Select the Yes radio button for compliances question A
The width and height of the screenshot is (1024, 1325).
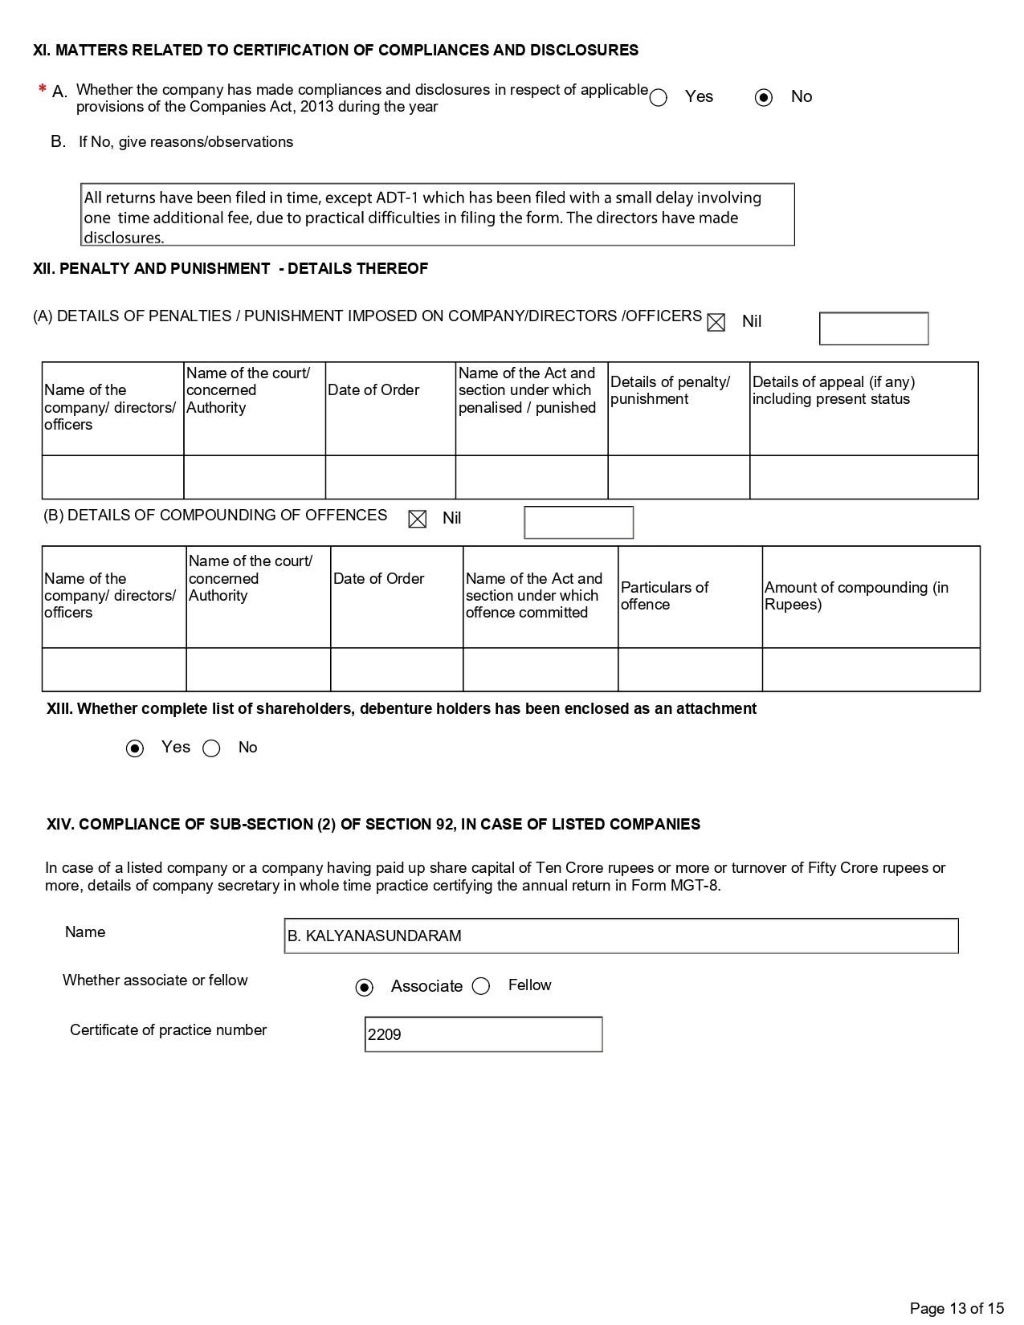point(659,98)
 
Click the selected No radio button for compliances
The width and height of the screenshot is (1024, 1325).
point(764,98)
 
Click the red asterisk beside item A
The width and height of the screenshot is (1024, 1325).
point(42,90)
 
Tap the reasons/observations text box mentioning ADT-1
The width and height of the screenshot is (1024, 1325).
point(439,215)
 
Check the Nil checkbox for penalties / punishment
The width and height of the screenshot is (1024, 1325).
point(716,323)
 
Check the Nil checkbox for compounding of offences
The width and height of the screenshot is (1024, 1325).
point(418,520)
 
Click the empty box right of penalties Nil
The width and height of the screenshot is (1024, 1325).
point(874,328)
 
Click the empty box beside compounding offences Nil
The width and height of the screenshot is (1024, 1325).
point(578,523)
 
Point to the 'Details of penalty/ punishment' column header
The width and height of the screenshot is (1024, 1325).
point(671,390)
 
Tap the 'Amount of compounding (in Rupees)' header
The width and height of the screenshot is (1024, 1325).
point(856,596)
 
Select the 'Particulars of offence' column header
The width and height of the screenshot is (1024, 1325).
point(665,596)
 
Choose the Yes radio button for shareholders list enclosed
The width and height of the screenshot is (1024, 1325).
point(135,748)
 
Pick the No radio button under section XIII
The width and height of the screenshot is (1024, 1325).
point(211,748)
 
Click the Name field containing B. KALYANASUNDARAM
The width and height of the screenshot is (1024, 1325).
point(621,936)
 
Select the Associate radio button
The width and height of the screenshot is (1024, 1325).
point(365,987)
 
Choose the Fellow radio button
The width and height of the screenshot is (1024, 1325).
point(481,986)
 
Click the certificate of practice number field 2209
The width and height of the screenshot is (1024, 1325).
point(483,1034)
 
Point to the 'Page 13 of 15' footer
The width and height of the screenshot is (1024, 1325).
point(957,1308)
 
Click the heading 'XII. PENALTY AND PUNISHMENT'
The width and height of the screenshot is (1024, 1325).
point(231,269)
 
